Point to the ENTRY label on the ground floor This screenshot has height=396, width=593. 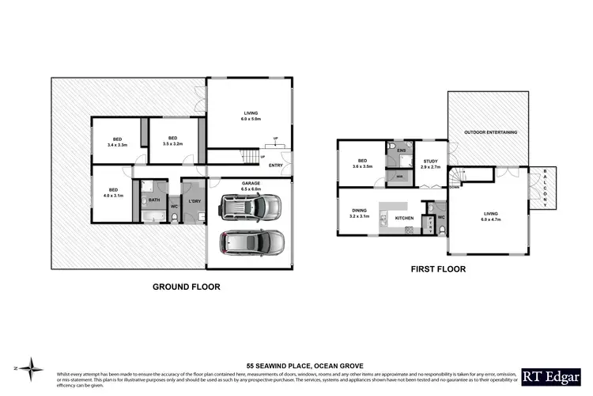[275, 166]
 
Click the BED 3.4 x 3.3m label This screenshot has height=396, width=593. [117, 143]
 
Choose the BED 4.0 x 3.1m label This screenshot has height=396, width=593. [113, 192]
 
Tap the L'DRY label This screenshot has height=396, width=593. [193, 201]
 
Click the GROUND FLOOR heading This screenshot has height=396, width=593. [186, 287]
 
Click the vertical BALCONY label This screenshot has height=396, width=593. [544, 190]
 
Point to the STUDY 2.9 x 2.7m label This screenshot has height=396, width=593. [431, 165]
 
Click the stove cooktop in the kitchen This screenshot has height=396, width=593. [408, 230]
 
